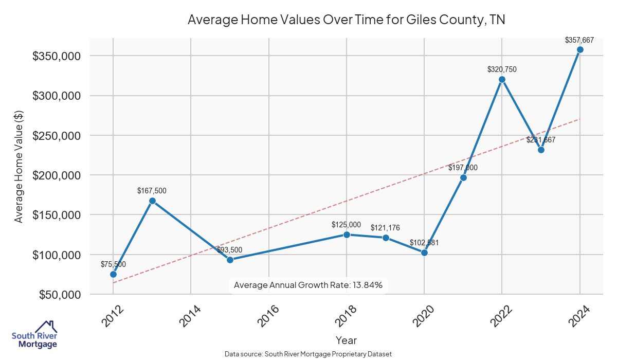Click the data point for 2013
tap(152, 201)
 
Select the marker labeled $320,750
tap(502, 79)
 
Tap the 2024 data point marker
tap(580, 50)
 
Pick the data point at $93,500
tap(230, 260)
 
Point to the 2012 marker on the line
tap(113, 274)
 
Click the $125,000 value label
tap(346, 225)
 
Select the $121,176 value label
tap(385, 228)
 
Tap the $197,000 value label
tap(463, 168)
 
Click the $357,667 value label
tap(579, 40)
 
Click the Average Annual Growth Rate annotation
tap(308, 285)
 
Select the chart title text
tap(346, 20)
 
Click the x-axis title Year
tap(346, 340)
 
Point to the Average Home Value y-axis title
tap(19, 167)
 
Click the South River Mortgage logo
tap(35, 335)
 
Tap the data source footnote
tap(308, 354)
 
